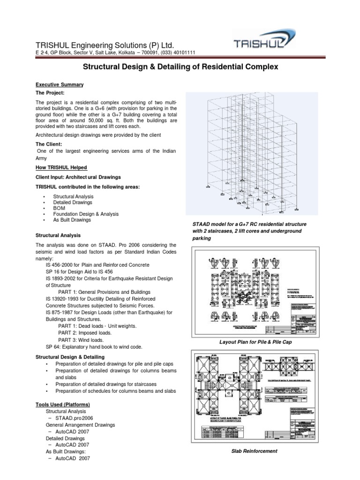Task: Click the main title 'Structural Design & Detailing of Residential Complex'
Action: (180, 67)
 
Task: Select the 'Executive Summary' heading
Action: (60, 84)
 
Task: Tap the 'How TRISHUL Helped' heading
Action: (61, 167)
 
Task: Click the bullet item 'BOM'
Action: (60, 208)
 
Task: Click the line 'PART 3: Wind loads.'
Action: (81, 340)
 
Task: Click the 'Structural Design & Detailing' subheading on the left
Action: (70, 357)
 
